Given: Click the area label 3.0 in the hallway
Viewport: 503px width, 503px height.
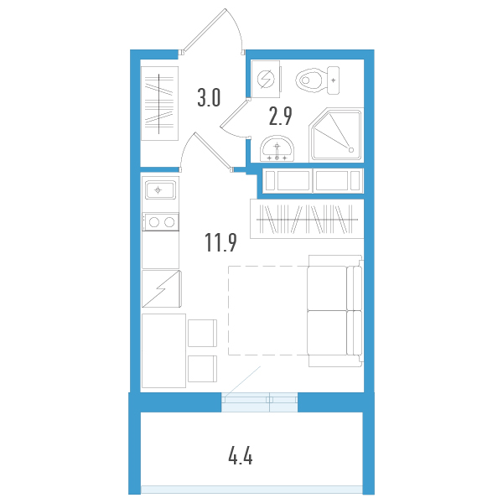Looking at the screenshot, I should coord(209,99).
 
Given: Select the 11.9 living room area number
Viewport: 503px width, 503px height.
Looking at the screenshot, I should coord(220,243).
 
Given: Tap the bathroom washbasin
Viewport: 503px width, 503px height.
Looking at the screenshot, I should coord(277,149).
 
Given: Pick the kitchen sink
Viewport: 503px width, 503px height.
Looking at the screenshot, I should coord(160,190).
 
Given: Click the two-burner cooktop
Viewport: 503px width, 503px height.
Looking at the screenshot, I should coord(160,222).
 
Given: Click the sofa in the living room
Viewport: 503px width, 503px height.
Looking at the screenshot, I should coord(334,310).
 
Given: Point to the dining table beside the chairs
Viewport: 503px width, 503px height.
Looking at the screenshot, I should coord(163,350).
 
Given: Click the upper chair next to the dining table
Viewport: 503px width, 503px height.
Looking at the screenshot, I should coord(202,333).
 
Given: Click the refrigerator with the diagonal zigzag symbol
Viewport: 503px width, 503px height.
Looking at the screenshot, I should coord(160,290).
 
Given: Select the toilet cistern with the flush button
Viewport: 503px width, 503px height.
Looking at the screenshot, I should coord(334,80).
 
